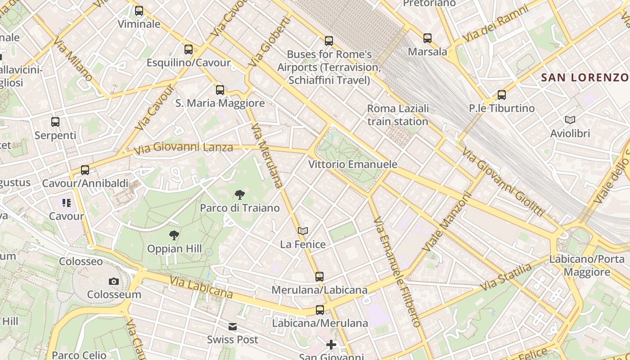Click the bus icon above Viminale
point(139,11)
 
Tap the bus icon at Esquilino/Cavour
point(189,49)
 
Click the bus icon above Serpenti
point(55,122)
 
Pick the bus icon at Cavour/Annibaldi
point(85,170)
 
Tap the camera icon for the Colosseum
point(114,282)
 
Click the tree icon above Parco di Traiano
point(240,195)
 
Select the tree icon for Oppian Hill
point(174,235)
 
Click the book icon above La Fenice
point(303,231)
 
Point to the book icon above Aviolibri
point(570,120)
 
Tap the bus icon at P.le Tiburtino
point(502,95)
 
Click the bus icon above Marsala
point(427,38)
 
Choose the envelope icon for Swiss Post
point(233,327)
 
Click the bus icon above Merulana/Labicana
point(319,277)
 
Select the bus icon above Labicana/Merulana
point(320,310)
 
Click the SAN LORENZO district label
point(585,77)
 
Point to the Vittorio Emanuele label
point(353,164)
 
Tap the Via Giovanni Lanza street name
point(184,148)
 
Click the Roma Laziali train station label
point(398,115)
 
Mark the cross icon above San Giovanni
point(331,345)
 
